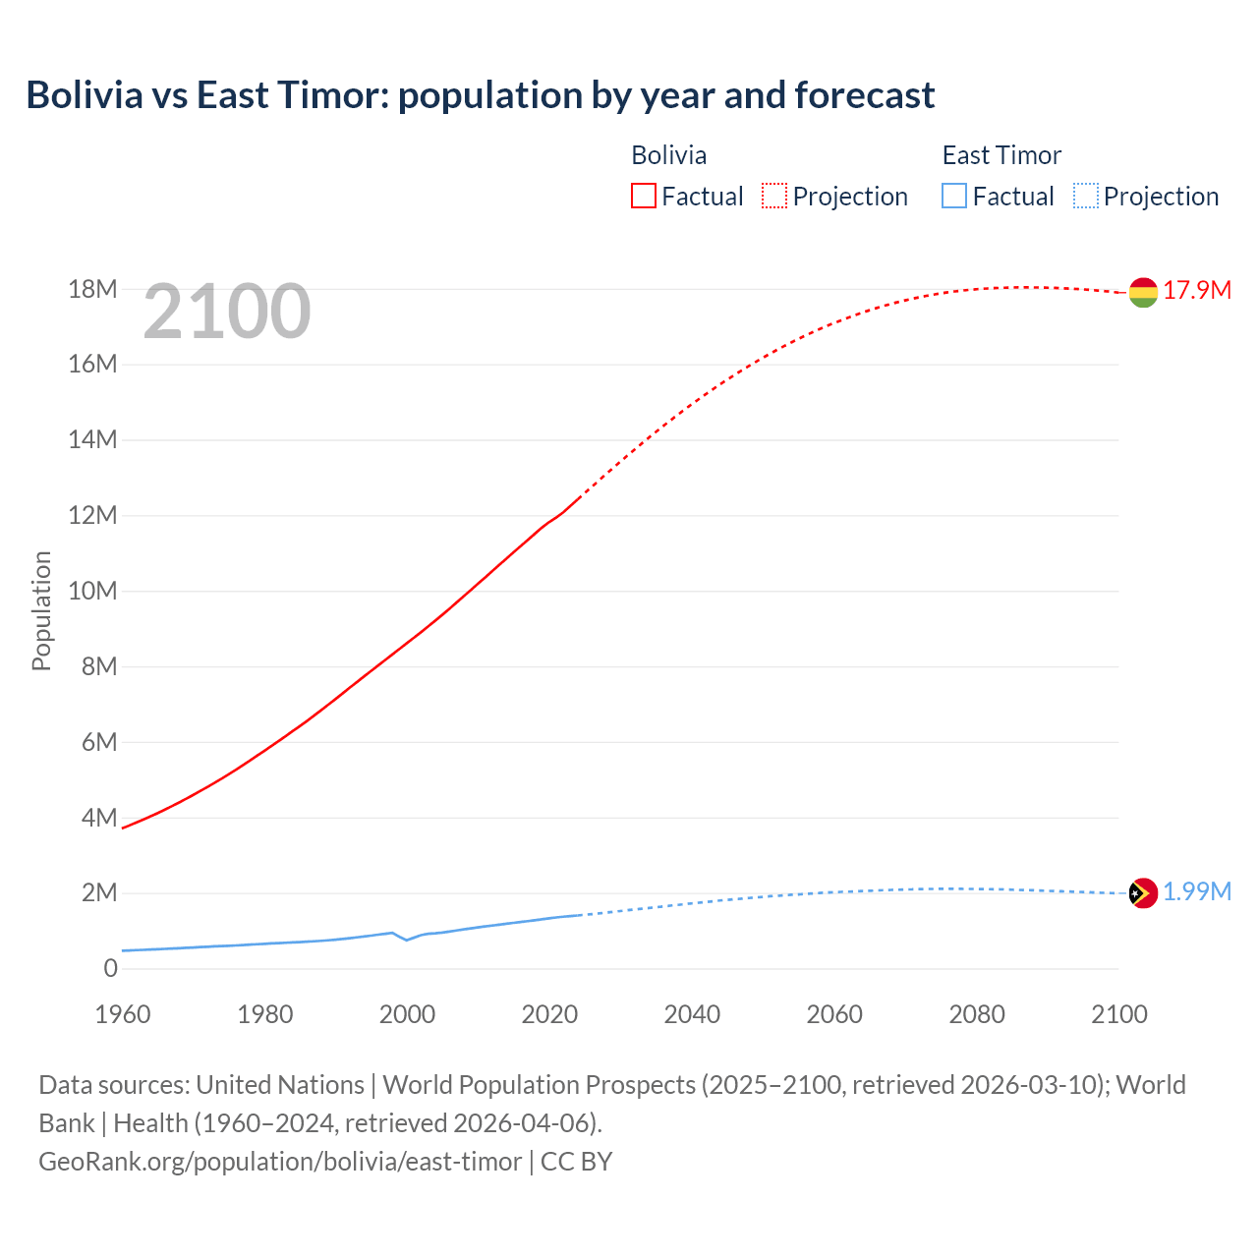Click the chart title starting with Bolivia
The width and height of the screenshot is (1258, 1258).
click(480, 95)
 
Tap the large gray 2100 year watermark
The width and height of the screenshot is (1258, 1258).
click(227, 312)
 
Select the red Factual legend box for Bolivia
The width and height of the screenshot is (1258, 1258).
click(643, 196)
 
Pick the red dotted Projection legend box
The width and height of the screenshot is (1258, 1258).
click(774, 196)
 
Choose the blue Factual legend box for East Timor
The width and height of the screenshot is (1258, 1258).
click(954, 196)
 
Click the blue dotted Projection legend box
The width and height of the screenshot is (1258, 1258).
click(1085, 196)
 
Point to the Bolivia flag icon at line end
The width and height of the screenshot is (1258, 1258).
click(1143, 292)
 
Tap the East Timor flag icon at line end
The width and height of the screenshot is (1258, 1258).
click(1143, 893)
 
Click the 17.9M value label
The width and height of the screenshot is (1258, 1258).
click(1197, 290)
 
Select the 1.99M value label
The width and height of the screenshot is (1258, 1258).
click(1197, 891)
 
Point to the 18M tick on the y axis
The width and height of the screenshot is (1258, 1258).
click(92, 289)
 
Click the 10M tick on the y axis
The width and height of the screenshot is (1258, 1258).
click(92, 591)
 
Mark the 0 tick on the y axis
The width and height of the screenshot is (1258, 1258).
click(110, 968)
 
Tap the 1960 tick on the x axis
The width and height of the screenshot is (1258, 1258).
click(123, 1014)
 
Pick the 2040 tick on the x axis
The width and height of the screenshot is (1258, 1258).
click(692, 1014)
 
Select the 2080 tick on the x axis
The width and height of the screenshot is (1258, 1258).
click(977, 1014)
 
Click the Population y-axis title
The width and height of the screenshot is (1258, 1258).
click(41, 610)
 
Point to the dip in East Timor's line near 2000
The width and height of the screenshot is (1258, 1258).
click(406, 940)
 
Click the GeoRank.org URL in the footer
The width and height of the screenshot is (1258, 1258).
click(280, 1161)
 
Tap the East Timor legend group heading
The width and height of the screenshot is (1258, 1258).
click(1001, 155)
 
